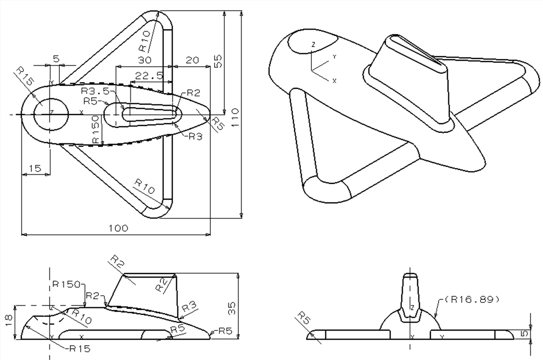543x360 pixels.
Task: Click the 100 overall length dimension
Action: (119, 228)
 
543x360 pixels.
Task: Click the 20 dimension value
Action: (192, 59)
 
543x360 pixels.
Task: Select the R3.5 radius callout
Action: (95, 91)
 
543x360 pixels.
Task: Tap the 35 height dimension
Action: (232, 308)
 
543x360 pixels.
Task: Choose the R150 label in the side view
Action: (66, 284)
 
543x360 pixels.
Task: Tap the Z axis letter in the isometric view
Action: (312, 44)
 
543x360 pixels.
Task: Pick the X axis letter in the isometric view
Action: (334, 81)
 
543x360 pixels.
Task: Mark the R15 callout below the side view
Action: (80, 349)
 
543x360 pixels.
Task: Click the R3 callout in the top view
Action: (195, 136)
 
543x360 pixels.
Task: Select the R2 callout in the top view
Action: (193, 93)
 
